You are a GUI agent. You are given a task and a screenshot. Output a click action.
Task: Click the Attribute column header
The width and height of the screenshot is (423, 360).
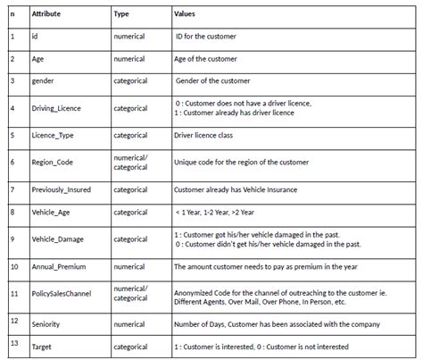click(x=47, y=15)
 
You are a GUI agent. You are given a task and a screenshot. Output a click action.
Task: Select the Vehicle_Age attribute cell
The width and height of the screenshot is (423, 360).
click(x=53, y=213)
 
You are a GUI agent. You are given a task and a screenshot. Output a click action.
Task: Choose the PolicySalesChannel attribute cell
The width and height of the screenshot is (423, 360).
click(x=64, y=293)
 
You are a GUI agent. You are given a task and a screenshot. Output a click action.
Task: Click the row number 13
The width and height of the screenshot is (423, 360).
click(x=13, y=343)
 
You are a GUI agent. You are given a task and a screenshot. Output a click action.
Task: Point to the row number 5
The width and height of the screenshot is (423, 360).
click(x=12, y=137)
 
